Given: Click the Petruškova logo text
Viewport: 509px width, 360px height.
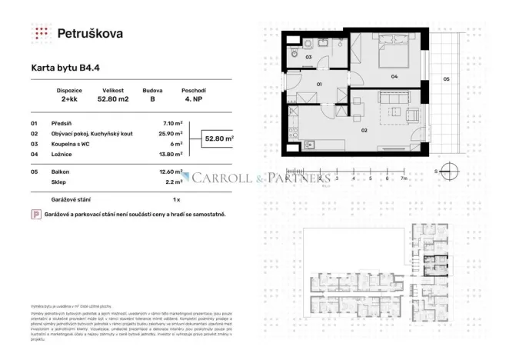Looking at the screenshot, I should pyautogui.click(x=90, y=33).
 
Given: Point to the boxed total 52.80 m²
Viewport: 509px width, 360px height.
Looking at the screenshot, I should pyautogui.click(x=218, y=138).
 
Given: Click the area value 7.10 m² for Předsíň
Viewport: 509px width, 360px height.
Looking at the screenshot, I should pyautogui.click(x=173, y=122).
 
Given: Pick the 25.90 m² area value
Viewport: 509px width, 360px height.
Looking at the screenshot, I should pyautogui.click(x=171, y=133).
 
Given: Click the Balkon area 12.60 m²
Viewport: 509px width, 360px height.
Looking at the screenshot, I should pyautogui.click(x=170, y=172).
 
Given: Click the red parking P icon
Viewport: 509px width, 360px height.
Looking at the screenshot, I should pyautogui.click(x=35, y=215).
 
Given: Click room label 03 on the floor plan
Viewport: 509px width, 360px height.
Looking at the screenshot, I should pyautogui.click(x=308, y=57).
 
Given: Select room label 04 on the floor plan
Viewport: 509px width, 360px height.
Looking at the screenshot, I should pyautogui.click(x=393, y=76).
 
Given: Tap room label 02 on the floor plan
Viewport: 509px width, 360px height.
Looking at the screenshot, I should pyautogui.click(x=363, y=130).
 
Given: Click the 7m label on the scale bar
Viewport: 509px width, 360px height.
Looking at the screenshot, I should pyautogui.click(x=403, y=178).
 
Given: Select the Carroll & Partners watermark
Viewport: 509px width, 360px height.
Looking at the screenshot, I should pyautogui.click(x=261, y=178).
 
